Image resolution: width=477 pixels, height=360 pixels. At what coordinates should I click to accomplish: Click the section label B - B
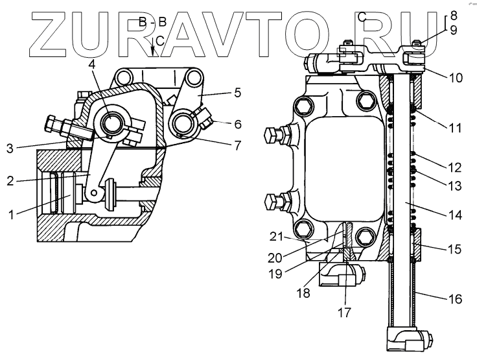point(152,23)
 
